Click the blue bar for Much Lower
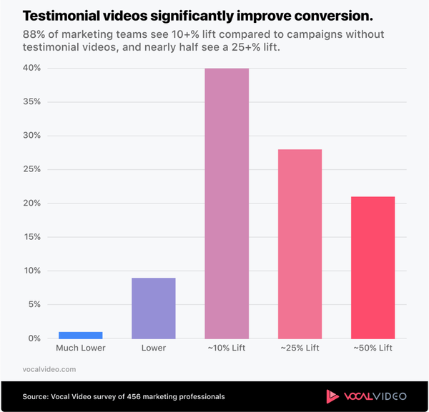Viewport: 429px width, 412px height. pyautogui.click(x=81, y=335)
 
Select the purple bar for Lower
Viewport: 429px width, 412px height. pyautogui.click(x=154, y=308)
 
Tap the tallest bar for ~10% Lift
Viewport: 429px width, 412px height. pyautogui.click(x=227, y=204)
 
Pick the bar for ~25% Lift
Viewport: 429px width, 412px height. pyautogui.click(x=300, y=243)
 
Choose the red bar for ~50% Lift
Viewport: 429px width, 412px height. pyautogui.click(x=373, y=267)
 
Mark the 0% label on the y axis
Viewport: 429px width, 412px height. pyautogui.click(x=34, y=338)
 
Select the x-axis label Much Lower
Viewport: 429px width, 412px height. pyautogui.click(x=81, y=348)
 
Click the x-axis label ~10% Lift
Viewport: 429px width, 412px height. pyautogui.click(x=227, y=348)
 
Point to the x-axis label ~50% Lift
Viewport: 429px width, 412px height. pyautogui.click(x=373, y=348)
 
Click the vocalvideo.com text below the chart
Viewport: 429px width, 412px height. pyautogui.click(x=49, y=369)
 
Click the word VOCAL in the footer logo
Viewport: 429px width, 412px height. pyautogui.click(x=358, y=396)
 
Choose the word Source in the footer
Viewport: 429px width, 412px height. pyautogui.click(x=36, y=396)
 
